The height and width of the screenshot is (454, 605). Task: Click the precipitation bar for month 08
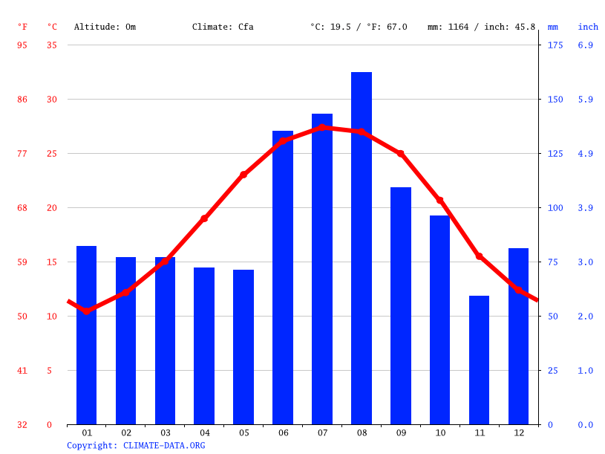tap(362, 248)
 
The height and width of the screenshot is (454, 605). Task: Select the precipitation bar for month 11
tap(479, 360)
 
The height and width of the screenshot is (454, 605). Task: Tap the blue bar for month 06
tap(283, 278)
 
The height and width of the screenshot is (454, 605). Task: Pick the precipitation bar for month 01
tap(87, 335)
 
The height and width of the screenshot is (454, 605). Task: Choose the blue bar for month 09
tap(401, 306)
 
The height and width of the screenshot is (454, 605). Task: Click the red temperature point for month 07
tap(322, 127)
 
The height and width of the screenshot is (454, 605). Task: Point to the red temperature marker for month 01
tap(87, 311)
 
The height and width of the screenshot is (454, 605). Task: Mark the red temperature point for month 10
tap(440, 201)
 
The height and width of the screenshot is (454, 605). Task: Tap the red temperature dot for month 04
tap(204, 218)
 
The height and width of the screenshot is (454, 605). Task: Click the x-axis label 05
tap(243, 432)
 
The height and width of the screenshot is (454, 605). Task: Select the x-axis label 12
tap(518, 432)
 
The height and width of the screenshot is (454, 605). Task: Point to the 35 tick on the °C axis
tap(51, 45)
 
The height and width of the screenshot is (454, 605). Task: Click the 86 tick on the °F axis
tap(22, 100)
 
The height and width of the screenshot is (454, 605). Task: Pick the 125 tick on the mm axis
tap(555, 154)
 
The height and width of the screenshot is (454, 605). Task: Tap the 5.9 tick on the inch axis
tap(585, 100)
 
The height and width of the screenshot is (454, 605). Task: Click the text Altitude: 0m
tap(105, 27)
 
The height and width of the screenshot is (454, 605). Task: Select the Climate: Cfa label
tap(223, 27)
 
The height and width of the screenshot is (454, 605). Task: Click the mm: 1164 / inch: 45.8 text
tap(481, 27)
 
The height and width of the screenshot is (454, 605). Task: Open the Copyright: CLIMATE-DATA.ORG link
tap(136, 446)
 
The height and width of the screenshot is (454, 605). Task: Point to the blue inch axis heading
tap(588, 27)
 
